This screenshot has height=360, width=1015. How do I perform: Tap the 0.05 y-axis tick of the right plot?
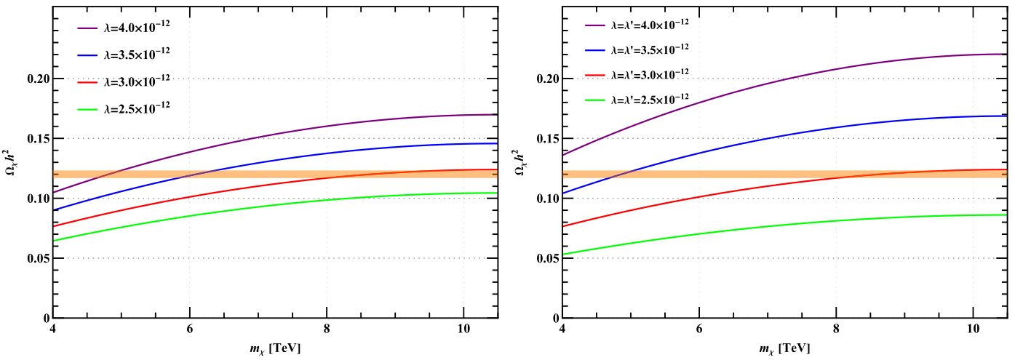click(549, 258)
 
